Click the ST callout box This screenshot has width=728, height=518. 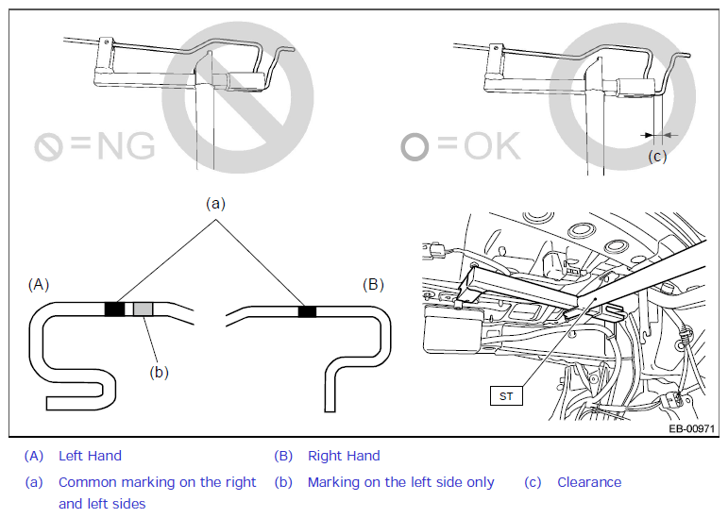click(x=506, y=396)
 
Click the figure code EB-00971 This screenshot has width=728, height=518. click(x=691, y=428)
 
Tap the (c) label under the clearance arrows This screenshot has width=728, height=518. click(x=657, y=157)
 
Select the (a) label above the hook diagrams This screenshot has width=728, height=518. click(x=215, y=204)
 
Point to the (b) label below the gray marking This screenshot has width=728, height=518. click(x=159, y=373)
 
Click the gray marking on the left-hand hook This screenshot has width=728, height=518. click(x=143, y=309)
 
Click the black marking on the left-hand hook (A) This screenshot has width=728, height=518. click(x=114, y=309)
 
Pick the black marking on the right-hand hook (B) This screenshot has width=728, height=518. click(x=307, y=311)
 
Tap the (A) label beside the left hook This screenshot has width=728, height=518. click(x=39, y=284)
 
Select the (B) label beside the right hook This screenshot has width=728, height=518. click(x=373, y=284)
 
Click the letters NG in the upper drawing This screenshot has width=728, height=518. click(x=126, y=145)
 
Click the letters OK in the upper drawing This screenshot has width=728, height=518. click(x=492, y=145)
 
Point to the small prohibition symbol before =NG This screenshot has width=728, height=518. click(x=48, y=147)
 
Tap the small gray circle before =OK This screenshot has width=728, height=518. click(x=415, y=147)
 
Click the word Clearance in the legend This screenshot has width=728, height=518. click(x=589, y=482)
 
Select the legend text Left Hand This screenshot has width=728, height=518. click(x=90, y=456)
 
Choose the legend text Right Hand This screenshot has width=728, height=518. click(x=344, y=456)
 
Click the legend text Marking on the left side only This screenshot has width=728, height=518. click(x=401, y=482)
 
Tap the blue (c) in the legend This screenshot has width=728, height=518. click(x=533, y=482)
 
